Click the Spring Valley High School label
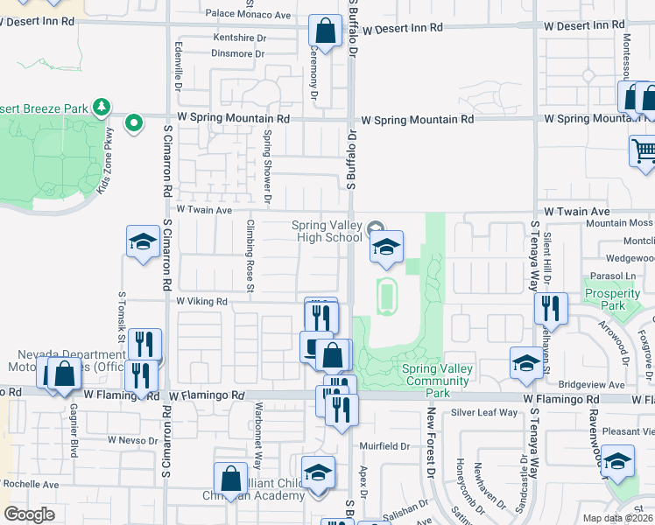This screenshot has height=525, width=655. click(327, 231)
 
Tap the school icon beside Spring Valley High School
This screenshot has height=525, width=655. click(385, 248)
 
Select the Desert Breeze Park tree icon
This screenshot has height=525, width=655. click(102, 107)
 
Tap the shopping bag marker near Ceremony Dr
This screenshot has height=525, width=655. click(325, 33)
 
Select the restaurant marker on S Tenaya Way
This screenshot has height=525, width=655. click(551, 308)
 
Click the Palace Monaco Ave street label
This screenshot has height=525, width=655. click(248, 15)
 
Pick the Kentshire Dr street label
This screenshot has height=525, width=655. click(239, 38)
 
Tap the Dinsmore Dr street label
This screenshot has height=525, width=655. click(237, 53)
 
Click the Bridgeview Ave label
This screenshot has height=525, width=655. click(592, 384)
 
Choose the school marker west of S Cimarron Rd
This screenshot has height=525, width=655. click(142, 244)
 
